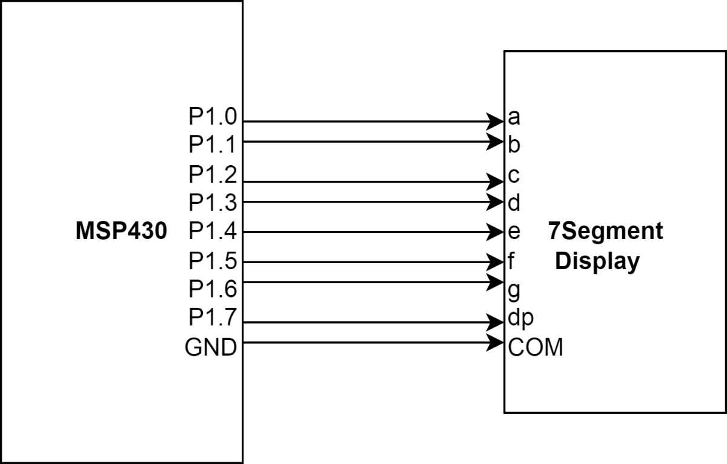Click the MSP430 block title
coord(121,231)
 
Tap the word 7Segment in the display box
coord(605,231)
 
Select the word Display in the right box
coord(597,261)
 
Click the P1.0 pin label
coord(213,116)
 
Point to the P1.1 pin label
coord(213,145)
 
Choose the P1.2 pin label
coord(213,175)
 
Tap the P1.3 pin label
coord(213,202)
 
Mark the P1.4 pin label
coord(213,231)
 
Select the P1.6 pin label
coord(213,289)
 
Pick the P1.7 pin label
coord(213,318)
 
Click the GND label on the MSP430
coord(211,348)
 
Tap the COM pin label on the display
coord(536,348)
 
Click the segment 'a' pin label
coord(514,117)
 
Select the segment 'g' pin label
coord(514,290)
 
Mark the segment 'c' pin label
coord(514,176)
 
